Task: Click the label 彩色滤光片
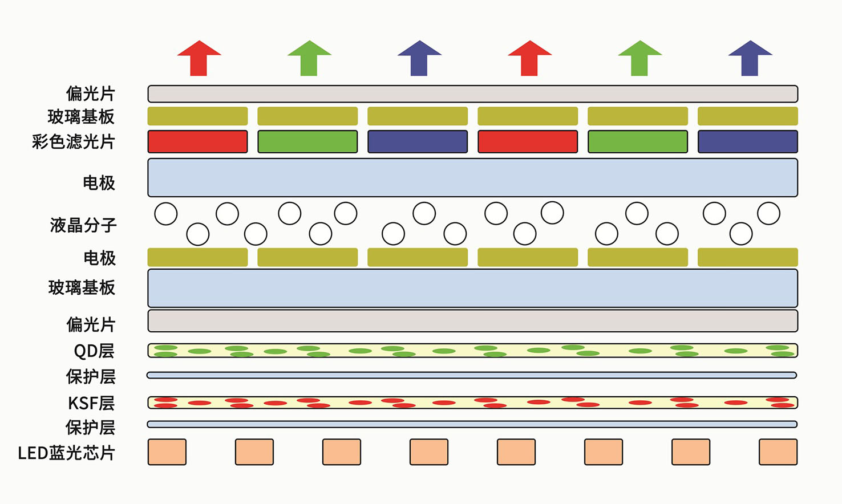pyautogui.click(x=74, y=141)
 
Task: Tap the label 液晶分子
pyautogui.click(x=83, y=225)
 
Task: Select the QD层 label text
pyautogui.click(x=94, y=351)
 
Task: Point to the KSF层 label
pyautogui.click(x=91, y=403)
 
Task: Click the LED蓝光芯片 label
pyautogui.click(x=66, y=453)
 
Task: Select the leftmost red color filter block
pyautogui.click(x=197, y=141)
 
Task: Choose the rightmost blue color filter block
pyautogui.click(x=747, y=141)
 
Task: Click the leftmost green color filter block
pyautogui.click(x=307, y=141)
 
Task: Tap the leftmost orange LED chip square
pyautogui.click(x=167, y=452)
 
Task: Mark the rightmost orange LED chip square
pyautogui.click(x=778, y=452)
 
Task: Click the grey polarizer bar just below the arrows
pyautogui.click(x=472, y=94)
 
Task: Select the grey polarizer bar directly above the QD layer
pyautogui.click(x=472, y=321)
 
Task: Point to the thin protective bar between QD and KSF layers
pyautogui.click(x=472, y=375)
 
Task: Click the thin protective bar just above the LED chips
pyautogui.click(x=472, y=424)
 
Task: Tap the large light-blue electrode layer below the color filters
pyautogui.click(x=472, y=178)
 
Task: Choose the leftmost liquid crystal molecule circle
pyautogui.click(x=166, y=214)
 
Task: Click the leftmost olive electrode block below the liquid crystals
pyautogui.click(x=197, y=257)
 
